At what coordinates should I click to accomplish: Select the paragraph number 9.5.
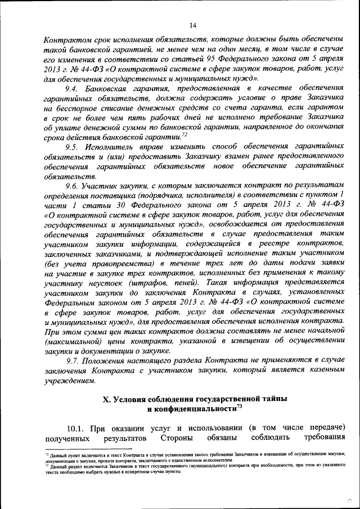pos(72,146)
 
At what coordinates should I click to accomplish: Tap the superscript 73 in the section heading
pos(240,406)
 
